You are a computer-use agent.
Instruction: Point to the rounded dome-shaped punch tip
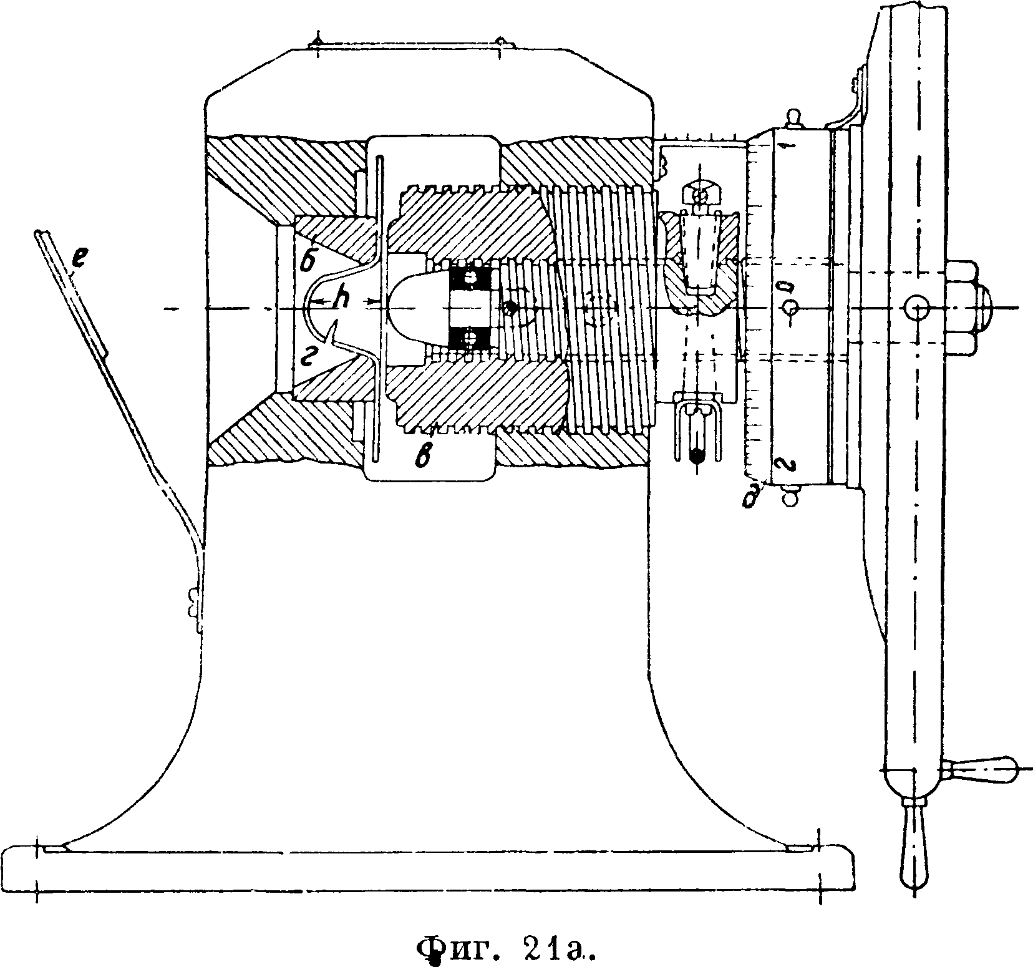(x=414, y=308)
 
